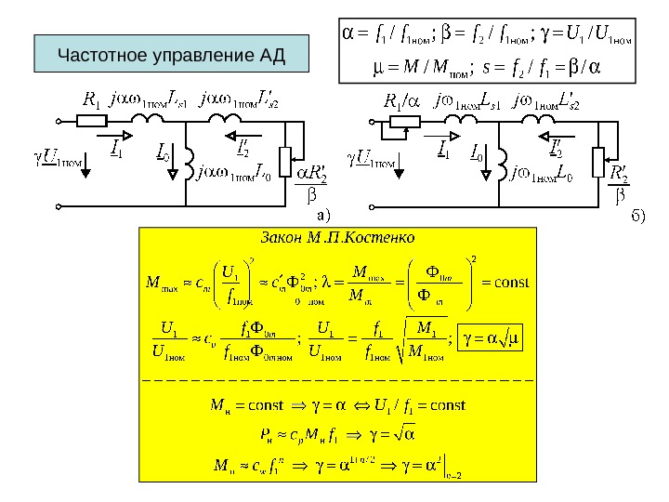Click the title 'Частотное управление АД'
(171, 55)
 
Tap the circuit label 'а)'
(324, 214)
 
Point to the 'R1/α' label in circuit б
(402, 99)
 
